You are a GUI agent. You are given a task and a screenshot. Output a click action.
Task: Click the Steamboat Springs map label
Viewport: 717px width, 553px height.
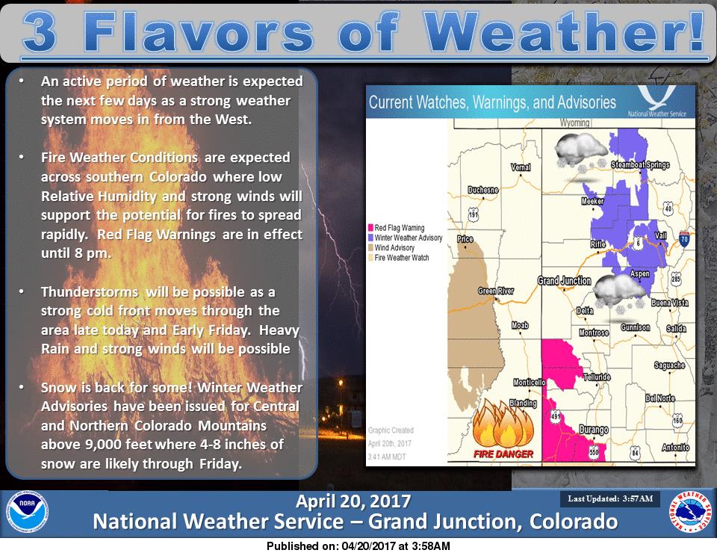640,164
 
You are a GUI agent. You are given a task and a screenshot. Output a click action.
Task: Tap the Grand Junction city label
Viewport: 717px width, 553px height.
565,281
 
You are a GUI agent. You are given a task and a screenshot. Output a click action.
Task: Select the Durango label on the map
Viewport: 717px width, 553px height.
594,430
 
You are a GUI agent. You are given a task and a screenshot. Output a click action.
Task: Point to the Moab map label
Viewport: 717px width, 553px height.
520,325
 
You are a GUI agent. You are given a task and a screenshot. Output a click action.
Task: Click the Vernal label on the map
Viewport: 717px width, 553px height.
521,167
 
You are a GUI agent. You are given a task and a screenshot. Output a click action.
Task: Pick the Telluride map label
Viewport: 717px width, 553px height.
597,377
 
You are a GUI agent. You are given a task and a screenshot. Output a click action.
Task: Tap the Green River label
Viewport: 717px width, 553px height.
496,291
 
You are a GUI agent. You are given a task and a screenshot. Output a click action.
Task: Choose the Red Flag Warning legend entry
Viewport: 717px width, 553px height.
397,228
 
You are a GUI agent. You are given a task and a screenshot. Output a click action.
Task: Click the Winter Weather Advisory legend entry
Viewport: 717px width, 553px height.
405,238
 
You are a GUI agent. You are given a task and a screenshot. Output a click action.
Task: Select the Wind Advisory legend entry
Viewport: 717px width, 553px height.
391,247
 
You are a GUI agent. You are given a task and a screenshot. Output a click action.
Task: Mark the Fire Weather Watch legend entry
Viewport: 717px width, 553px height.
399,258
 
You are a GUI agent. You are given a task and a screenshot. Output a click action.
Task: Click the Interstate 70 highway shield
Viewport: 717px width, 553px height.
684,239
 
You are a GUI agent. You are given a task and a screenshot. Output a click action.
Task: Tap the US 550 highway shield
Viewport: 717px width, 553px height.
594,452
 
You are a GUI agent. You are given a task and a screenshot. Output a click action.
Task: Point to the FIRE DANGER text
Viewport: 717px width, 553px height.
503,454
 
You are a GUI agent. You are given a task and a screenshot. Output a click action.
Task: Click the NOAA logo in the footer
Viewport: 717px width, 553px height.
27,512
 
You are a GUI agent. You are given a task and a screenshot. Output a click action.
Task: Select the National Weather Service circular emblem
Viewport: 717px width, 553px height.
690,512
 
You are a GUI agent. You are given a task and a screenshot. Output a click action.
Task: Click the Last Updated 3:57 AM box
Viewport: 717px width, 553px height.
610,498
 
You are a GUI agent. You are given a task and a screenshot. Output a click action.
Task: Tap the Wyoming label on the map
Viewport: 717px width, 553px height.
574,123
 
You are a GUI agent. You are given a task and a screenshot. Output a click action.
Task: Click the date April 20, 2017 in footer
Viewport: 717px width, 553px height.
353,501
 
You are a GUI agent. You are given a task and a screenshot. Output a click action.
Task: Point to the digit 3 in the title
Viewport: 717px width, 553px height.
40,31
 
